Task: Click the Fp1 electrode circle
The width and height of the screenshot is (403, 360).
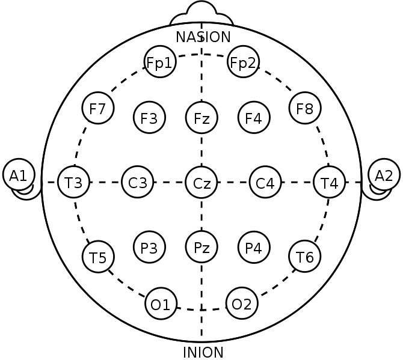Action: click(160, 62)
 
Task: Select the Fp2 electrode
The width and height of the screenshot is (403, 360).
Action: click(243, 62)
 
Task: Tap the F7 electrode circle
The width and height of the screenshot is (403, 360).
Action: click(98, 108)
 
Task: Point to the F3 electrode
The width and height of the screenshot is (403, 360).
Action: click(149, 117)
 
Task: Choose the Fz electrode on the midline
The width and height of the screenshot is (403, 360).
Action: click(202, 117)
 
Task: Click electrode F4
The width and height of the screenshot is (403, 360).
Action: click(254, 117)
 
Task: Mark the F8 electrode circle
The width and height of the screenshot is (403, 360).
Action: click(305, 108)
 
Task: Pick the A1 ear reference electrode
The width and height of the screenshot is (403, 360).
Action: click(19, 175)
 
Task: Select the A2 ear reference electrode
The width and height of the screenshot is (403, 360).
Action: click(384, 175)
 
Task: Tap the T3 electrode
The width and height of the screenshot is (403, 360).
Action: click(74, 182)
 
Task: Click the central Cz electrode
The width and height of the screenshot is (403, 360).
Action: click(202, 182)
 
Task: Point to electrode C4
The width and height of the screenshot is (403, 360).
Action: click(265, 182)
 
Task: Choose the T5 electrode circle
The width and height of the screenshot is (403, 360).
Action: click(98, 257)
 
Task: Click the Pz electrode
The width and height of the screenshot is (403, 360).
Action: click(202, 247)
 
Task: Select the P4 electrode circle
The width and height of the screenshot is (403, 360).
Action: click(254, 247)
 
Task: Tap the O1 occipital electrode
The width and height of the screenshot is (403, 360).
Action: click(161, 304)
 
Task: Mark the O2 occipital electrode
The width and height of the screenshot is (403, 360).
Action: click(242, 304)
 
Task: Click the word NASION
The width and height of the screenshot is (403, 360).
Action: click(203, 37)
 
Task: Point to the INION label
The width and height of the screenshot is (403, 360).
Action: click(203, 353)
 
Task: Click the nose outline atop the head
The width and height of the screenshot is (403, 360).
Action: click(202, 1)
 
